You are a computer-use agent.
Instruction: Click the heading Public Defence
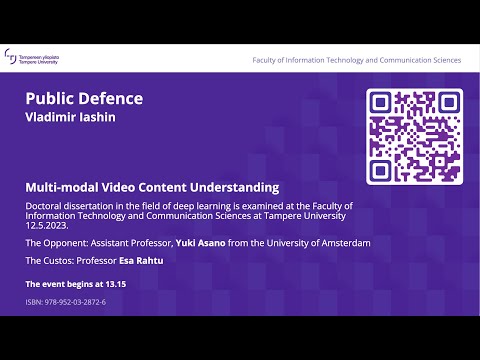[84, 98]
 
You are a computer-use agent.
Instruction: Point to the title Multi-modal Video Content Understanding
[152, 187]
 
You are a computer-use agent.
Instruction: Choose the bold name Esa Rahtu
[141, 260]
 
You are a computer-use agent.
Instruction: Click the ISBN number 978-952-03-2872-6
[76, 301]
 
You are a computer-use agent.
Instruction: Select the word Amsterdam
[343, 243]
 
